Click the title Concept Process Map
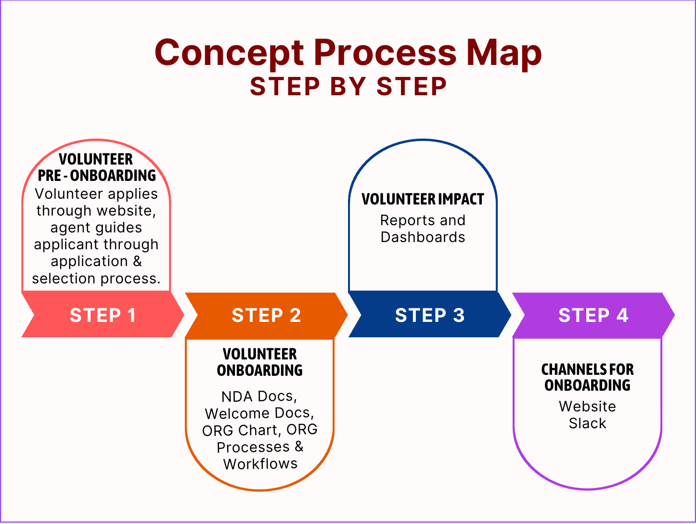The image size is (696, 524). pyautogui.click(x=348, y=52)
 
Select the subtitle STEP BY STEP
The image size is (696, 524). pyautogui.click(x=348, y=87)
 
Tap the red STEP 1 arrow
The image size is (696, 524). pyautogui.click(x=103, y=315)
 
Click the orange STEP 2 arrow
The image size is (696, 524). pyautogui.click(x=266, y=315)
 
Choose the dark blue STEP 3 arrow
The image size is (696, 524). pyautogui.click(x=430, y=315)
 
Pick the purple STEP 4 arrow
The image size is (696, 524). pyautogui.click(x=593, y=315)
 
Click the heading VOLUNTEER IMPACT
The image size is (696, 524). pyautogui.click(x=423, y=199)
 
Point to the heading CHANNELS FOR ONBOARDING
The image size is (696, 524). pyautogui.click(x=587, y=377)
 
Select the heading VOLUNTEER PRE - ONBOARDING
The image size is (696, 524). pyautogui.click(x=96, y=167)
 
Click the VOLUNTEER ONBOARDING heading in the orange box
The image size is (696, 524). pyautogui.click(x=260, y=362)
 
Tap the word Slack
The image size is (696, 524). pyautogui.click(x=587, y=423)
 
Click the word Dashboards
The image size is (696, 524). pyautogui.click(x=423, y=237)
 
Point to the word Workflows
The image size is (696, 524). pyautogui.click(x=260, y=464)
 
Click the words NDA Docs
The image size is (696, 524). pyautogui.click(x=259, y=396)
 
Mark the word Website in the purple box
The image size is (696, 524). pyautogui.click(x=587, y=407)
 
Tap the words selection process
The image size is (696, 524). pyautogui.click(x=96, y=278)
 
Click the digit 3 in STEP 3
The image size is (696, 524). pyautogui.click(x=459, y=315)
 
